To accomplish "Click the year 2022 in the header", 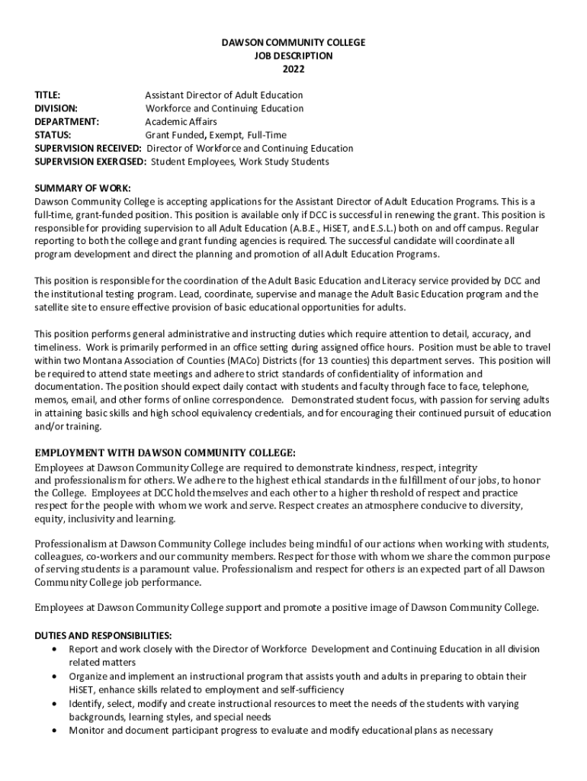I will [x=293, y=69].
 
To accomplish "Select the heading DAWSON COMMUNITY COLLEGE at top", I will [x=293, y=43].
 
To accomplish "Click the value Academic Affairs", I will [x=181, y=121].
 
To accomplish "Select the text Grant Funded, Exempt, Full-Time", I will [x=216, y=135].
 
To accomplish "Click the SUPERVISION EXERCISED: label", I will [x=91, y=162].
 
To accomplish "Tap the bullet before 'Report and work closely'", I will [x=53, y=649].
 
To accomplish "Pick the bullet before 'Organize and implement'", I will [x=53, y=677].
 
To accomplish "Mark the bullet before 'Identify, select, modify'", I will [x=53, y=703].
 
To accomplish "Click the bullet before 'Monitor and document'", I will [x=53, y=731].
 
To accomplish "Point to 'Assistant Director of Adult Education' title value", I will [x=224, y=95].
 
